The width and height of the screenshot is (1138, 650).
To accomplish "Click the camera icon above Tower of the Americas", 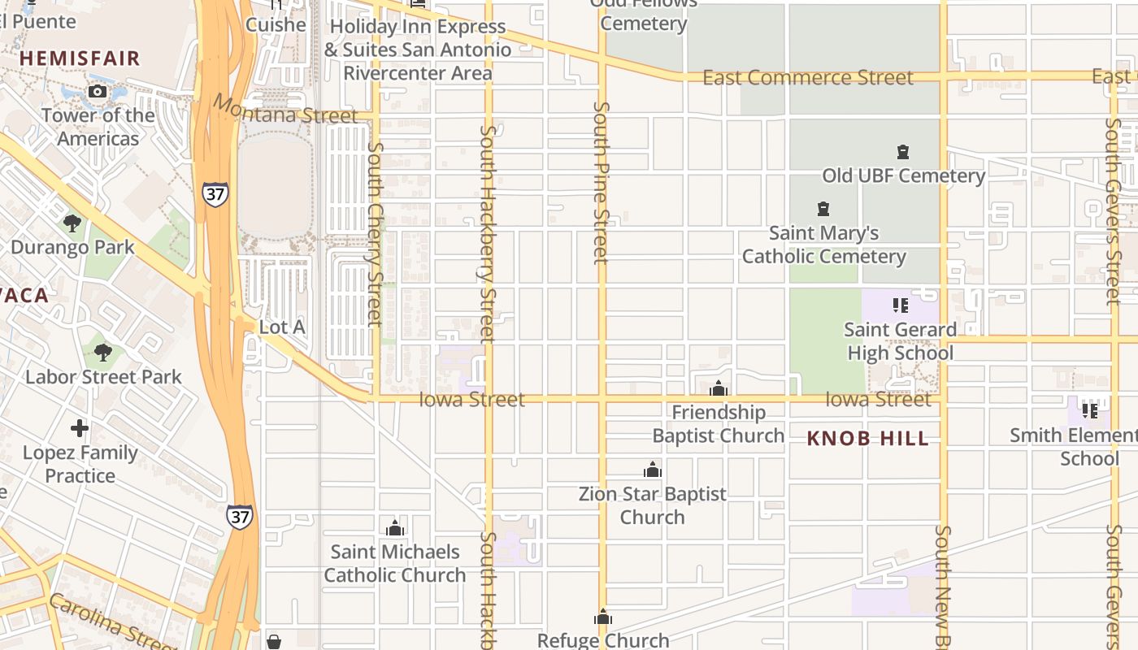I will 98,91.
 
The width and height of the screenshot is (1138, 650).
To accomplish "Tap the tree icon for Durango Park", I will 72,223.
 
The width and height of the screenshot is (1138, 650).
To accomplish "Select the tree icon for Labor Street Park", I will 102,352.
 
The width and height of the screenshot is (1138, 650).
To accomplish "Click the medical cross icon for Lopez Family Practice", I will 80,427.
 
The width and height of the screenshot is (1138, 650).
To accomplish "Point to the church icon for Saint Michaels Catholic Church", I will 395,528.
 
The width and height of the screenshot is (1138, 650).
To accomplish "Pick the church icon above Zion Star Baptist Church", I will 652,470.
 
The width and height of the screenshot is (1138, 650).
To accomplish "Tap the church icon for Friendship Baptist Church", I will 719,388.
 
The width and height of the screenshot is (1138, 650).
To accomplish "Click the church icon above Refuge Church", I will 603,617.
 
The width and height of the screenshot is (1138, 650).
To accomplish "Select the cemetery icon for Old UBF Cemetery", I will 902,152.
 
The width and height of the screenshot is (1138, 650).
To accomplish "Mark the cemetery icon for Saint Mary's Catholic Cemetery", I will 823,209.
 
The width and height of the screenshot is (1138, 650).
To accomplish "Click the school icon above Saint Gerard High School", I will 900,305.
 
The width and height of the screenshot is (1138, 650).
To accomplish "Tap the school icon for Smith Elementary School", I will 1090,411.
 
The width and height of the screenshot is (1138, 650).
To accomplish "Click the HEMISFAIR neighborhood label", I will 80,58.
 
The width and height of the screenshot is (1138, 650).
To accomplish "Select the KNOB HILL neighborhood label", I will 867,439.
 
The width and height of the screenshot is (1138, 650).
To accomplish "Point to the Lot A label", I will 281,327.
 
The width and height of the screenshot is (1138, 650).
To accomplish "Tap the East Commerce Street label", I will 807,78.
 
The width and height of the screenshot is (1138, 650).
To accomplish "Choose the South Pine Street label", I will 602,182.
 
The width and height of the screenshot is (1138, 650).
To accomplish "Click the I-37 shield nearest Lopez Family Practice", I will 240,517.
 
